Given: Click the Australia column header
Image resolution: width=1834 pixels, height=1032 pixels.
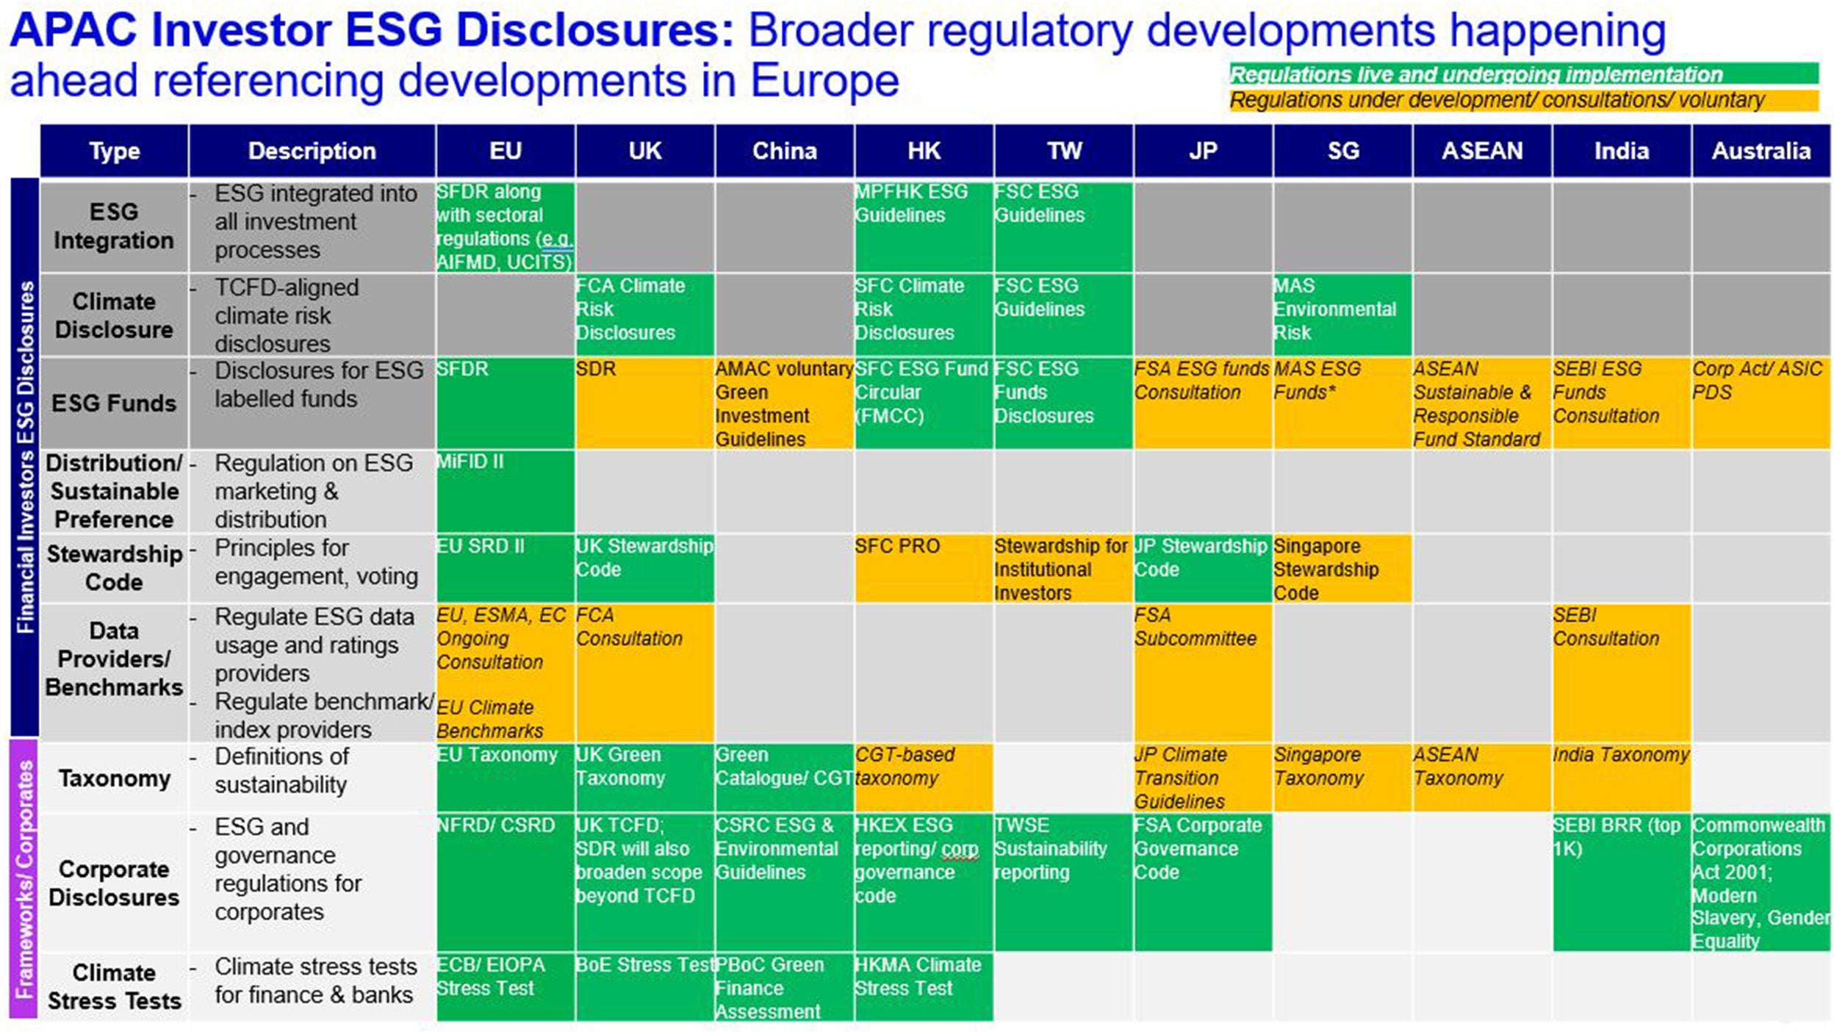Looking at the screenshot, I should point(1760,151).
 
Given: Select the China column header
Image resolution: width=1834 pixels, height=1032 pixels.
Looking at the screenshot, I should point(784,151).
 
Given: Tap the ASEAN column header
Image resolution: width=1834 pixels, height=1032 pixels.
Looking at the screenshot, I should point(1481,151).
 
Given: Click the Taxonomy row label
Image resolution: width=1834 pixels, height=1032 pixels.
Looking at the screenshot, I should point(115,778).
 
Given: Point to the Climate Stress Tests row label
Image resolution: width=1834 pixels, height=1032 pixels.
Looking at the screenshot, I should point(115,986).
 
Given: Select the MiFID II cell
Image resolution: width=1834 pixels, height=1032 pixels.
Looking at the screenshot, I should point(505,490).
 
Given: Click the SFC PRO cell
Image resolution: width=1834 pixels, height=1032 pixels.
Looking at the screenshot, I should point(923,567).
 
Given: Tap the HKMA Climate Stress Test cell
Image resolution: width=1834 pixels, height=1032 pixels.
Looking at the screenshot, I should point(923,986).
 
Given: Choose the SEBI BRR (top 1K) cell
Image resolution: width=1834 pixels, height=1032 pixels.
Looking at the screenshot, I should point(1621,881).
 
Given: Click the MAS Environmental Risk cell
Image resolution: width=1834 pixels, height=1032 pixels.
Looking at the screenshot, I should point(1342,314).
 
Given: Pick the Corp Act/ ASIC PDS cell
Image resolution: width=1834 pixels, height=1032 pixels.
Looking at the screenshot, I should point(1760,402).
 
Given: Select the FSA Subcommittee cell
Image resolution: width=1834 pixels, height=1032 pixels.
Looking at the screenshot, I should point(1202,672).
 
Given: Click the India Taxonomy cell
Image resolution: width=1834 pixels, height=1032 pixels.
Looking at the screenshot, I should point(1621,776).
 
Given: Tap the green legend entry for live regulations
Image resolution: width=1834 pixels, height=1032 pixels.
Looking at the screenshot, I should point(1523,74).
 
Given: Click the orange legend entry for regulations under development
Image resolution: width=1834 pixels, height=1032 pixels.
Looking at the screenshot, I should point(1523,100).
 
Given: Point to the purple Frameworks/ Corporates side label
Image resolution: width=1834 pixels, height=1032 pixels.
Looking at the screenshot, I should point(24,879).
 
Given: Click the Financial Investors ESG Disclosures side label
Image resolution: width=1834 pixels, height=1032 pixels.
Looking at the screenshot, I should point(24,456).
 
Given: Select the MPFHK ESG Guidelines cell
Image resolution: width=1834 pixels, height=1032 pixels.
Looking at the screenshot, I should point(923,226).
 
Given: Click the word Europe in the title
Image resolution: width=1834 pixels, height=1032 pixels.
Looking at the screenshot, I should point(824,80).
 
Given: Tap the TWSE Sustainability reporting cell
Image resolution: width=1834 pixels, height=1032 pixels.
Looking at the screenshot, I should point(1062,881).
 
